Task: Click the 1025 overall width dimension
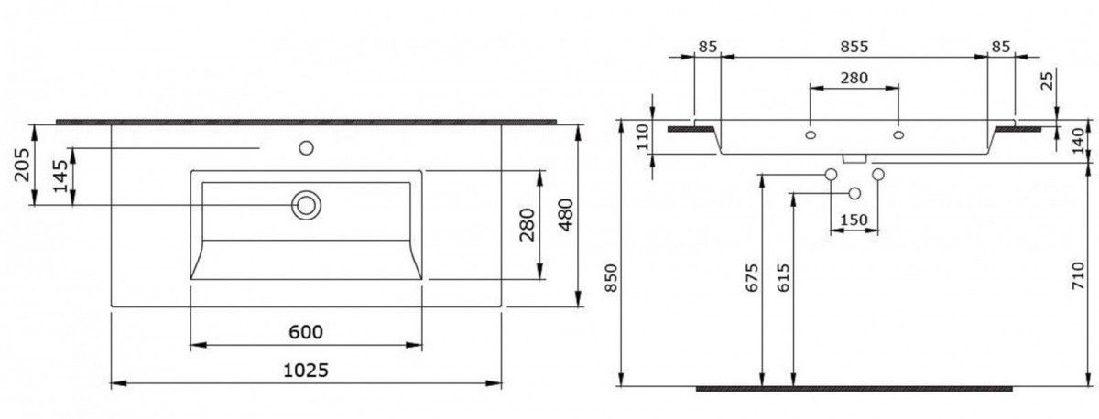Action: pyautogui.click(x=304, y=370)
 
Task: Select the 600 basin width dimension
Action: pyautogui.click(x=305, y=331)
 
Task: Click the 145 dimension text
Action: pyautogui.click(x=60, y=176)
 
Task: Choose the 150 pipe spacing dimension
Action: pyautogui.click(x=854, y=219)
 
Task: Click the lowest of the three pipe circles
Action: pyautogui.click(x=854, y=193)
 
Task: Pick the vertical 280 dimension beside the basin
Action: pyautogui.click(x=528, y=224)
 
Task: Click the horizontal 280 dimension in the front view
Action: pyautogui.click(x=854, y=78)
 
